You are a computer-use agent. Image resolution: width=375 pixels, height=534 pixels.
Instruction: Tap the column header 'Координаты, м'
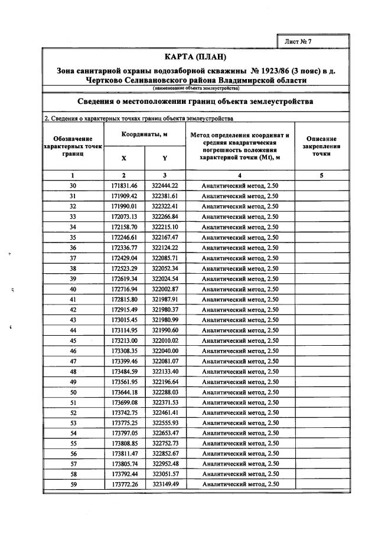click(145, 135)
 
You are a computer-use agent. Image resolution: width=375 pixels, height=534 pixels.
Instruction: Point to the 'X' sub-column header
click(124, 158)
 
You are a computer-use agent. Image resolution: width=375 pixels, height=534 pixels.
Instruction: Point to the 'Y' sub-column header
click(165, 158)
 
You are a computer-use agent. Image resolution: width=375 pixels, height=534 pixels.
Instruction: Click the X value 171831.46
click(124, 185)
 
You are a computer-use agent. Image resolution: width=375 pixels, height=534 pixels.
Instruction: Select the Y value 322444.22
click(165, 185)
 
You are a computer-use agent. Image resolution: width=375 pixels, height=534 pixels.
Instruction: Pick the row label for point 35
click(73, 237)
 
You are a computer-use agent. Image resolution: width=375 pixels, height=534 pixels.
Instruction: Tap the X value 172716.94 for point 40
click(124, 289)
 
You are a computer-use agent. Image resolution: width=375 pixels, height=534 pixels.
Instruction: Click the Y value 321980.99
click(165, 320)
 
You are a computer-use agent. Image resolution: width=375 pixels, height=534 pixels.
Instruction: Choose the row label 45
click(73, 340)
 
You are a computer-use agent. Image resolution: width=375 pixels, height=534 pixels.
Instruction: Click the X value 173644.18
click(124, 392)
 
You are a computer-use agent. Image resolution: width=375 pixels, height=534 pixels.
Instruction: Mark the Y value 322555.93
click(165, 423)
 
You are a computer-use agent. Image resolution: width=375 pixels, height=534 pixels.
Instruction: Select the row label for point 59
click(73, 484)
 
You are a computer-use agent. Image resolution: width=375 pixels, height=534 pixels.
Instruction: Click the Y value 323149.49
click(165, 484)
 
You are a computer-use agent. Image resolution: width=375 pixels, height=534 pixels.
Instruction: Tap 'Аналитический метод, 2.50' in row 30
click(240, 185)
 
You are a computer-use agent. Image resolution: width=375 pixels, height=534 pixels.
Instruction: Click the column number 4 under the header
click(240, 175)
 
